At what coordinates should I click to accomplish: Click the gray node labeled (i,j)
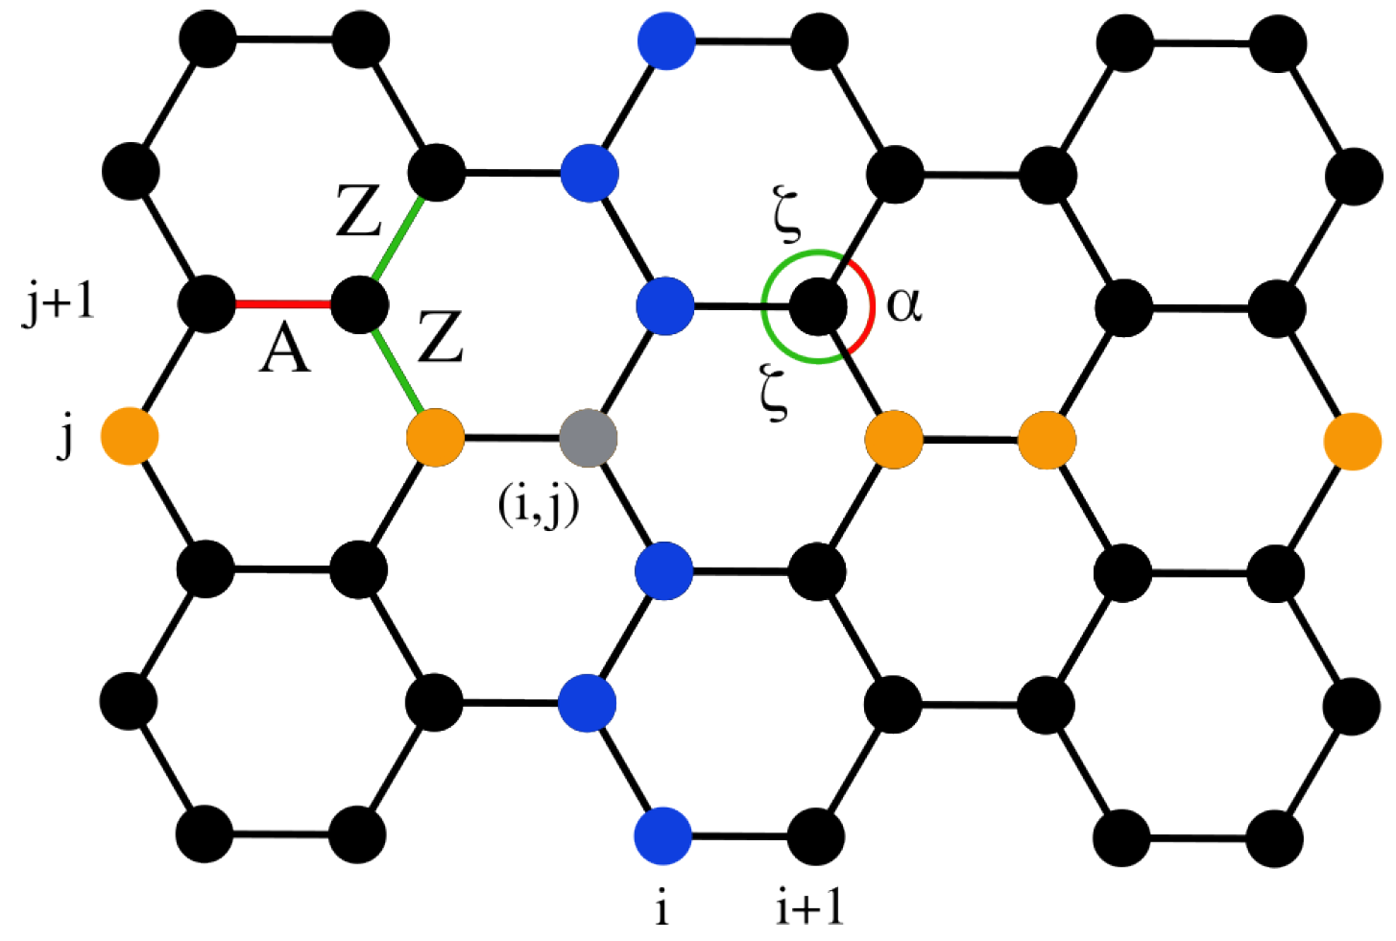pyautogui.click(x=588, y=439)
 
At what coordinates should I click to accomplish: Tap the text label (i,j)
pyautogui.click(x=539, y=504)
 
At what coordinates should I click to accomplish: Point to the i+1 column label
pyautogui.click(x=809, y=905)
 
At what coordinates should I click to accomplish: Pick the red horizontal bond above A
pyautogui.click(x=283, y=304)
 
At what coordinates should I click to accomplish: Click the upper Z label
pyautogui.click(x=359, y=212)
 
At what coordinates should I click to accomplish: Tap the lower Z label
pyautogui.click(x=441, y=337)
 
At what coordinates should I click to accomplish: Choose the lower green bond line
pyautogui.click(x=397, y=372)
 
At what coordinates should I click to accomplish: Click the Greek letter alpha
pyautogui.click(x=904, y=304)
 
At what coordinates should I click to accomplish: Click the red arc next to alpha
pyautogui.click(x=868, y=305)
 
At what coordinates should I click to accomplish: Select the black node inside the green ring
pyautogui.click(x=818, y=306)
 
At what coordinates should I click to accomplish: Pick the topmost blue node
pyautogui.click(x=665, y=41)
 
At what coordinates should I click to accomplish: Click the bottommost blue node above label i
pyautogui.click(x=663, y=835)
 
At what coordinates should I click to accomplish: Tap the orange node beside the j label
pyautogui.click(x=130, y=437)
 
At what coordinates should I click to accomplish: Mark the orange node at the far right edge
pyautogui.click(x=1352, y=441)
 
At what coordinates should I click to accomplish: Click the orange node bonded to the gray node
pyautogui.click(x=436, y=438)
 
